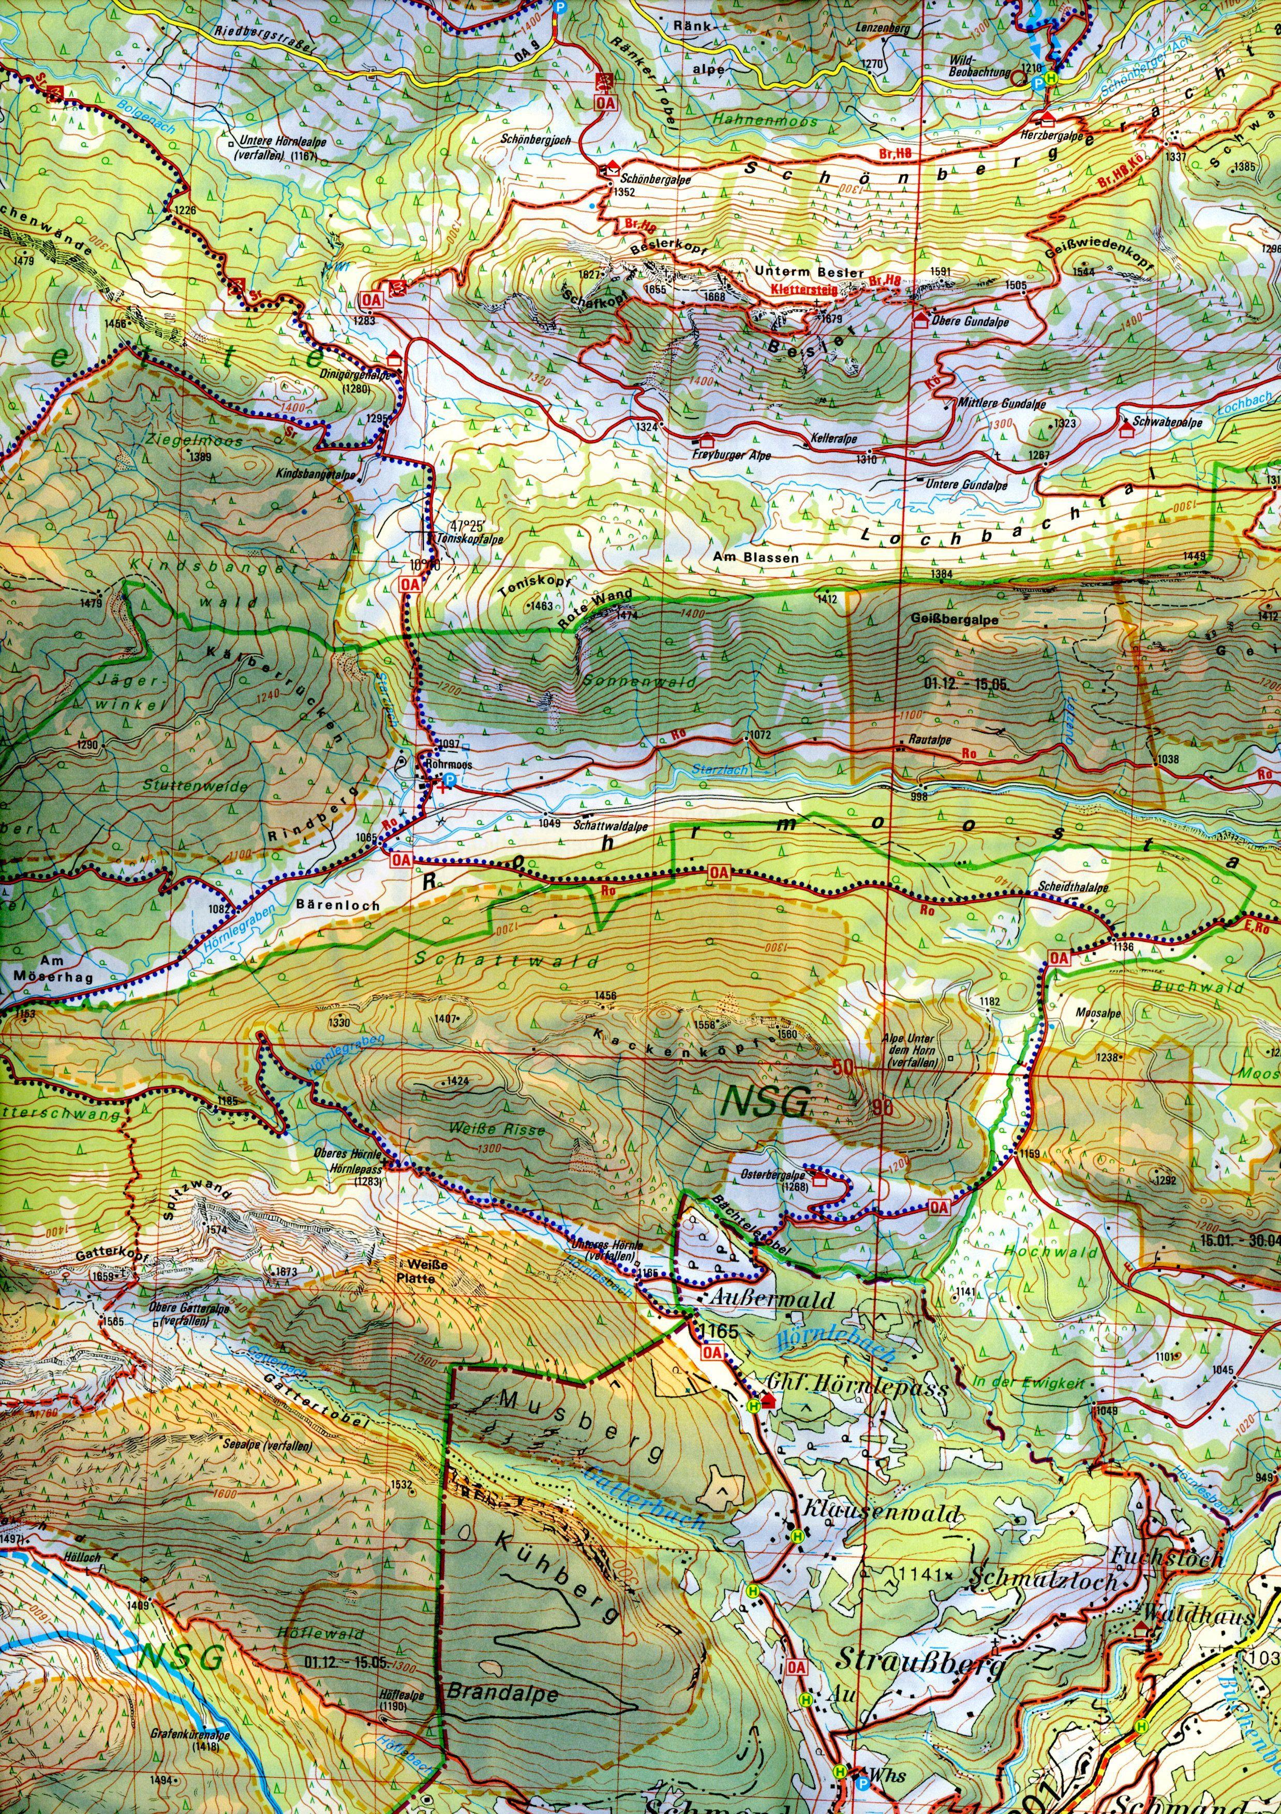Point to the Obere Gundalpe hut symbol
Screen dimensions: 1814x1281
coord(920,319)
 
